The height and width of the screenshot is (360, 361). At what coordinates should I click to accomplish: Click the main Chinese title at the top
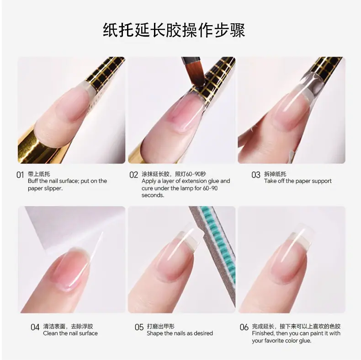[174, 30]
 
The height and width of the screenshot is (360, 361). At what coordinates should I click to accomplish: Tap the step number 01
[20, 175]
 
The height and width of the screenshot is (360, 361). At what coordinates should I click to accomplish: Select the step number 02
[133, 175]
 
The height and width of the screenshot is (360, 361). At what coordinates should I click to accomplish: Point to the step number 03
[256, 175]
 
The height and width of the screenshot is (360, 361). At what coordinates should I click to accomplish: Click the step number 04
[35, 327]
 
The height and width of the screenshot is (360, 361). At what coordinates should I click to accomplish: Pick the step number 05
[139, 327]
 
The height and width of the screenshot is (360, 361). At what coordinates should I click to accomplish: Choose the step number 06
[244, 327]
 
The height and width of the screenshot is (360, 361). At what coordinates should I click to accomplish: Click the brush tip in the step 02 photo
[195, 78]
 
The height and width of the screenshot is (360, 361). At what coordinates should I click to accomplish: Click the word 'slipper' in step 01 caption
[53, 188]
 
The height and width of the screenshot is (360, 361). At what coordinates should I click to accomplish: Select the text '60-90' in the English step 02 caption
[210, 188]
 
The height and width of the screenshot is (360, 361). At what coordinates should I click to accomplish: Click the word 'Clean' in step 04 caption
[49, 333]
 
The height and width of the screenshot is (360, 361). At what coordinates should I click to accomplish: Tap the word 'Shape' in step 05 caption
[154, 333]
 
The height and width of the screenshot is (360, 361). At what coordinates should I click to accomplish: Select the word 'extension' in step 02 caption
[194, 181]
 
